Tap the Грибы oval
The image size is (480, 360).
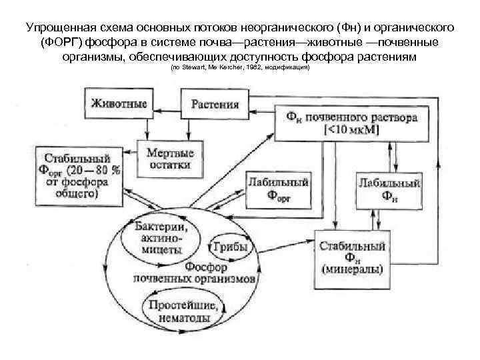click(229, 247)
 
